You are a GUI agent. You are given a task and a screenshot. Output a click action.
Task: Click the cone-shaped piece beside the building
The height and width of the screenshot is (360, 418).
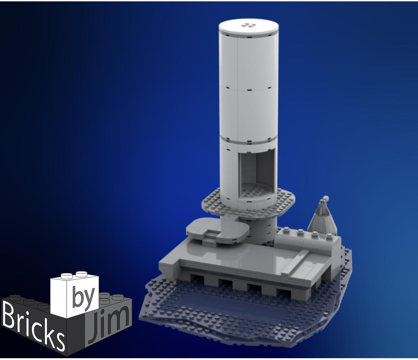point(323,220)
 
